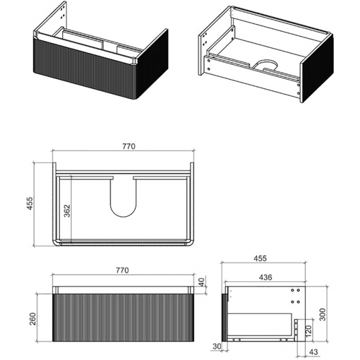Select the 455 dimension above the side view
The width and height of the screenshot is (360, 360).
(x=260, y=258)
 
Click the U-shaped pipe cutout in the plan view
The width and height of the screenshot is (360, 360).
(x=123, y=197)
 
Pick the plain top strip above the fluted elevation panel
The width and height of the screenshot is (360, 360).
(x=122, y=289)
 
